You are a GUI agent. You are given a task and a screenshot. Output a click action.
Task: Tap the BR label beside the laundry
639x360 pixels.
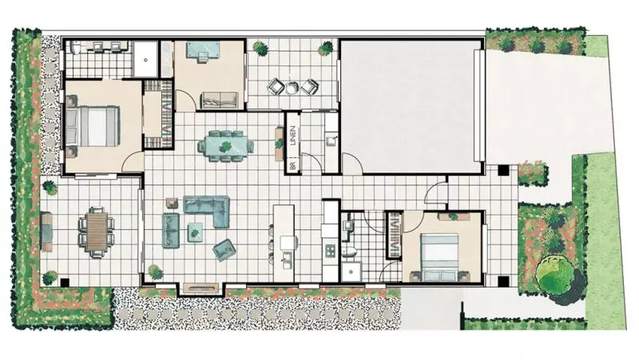coord(293,165)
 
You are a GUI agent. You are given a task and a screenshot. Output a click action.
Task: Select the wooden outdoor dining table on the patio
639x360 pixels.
coord(95,230)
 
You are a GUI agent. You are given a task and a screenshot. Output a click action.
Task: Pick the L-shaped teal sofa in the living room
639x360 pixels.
coord(207,208)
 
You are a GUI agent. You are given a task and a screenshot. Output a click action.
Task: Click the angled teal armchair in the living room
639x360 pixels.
coord(224,250)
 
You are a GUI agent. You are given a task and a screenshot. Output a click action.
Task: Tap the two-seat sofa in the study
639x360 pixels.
coord(218,101)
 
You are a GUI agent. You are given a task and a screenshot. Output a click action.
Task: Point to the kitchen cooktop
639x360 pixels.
coord(330,249)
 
